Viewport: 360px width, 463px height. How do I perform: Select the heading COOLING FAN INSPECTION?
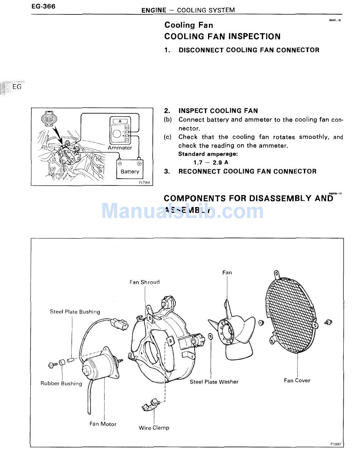coord(222,37)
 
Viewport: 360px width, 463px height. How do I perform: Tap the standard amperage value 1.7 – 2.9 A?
coord(211,162)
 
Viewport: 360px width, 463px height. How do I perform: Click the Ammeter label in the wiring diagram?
coord(120,148)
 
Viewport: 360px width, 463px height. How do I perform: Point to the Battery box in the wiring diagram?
coord(130,168)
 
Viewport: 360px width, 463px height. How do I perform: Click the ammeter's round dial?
coord(117,134)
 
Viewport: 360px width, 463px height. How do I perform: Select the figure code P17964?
coord(144,182)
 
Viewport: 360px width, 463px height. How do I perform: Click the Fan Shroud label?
coord(144,282)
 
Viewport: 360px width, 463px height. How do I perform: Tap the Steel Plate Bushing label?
coord(75,312)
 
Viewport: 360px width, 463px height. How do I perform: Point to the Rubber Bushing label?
coord(61,383)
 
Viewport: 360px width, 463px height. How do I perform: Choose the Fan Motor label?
coord(103,424)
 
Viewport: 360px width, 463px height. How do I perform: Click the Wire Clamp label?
coord(154,428)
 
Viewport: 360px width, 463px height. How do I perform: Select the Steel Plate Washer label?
coord(214,382)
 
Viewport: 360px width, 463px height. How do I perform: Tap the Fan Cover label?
coord(297,380)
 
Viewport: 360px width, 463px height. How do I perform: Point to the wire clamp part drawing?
coord(151,404)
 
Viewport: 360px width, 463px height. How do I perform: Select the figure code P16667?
coord(336,444)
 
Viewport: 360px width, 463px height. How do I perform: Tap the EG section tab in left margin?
coord(17,87)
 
